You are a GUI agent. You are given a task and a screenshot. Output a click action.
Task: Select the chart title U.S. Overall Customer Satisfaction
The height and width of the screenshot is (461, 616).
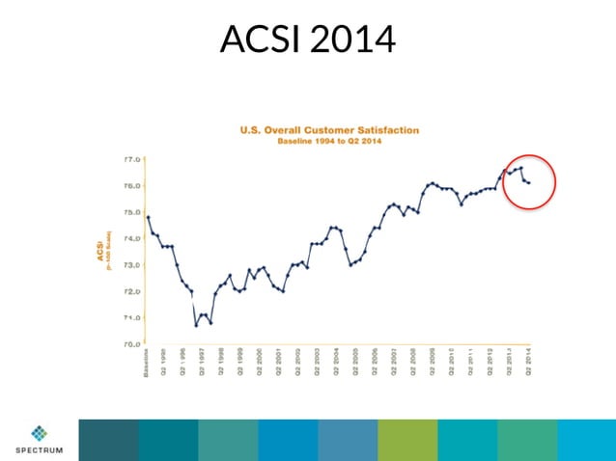pyautogui.click(x=329, y=129)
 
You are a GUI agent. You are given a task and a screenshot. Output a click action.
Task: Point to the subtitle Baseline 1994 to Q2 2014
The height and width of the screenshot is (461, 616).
pyautogui.click(x=330, y=141)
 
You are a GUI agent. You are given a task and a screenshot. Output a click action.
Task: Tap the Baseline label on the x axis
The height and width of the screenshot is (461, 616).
pyautogui.click(x=147, y=364)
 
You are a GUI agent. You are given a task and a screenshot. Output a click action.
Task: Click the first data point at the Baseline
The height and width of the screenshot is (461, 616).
pyautogui.click(x=148, y=216)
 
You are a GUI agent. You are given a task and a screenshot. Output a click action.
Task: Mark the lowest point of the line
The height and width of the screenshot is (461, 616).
pyautogui.click(x=196, y=325)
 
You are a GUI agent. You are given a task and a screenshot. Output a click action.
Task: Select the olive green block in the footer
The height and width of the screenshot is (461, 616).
pyautogui.click(x=407, y=440)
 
